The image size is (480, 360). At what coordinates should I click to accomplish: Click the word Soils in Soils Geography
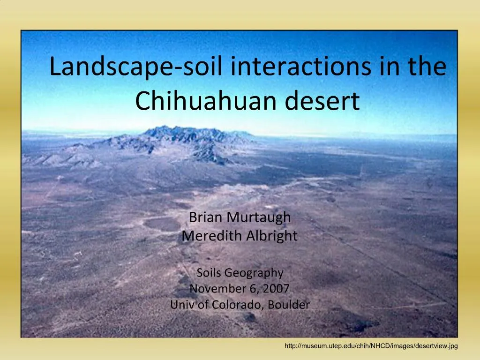pyautogui.click(x=209, y=273)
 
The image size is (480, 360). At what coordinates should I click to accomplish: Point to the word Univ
pyautogui.click(x=180, y=305)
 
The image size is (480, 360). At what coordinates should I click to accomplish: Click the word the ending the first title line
pyautogui.click(x=426, y=67)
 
